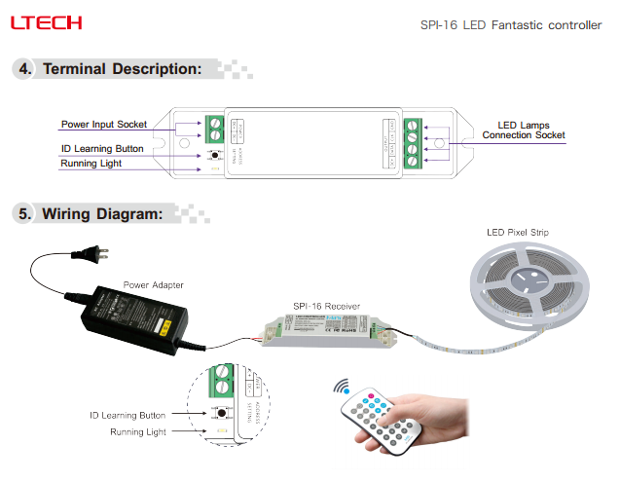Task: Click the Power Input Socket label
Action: click(x=104, y=125)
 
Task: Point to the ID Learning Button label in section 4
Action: click(x=102, y=149)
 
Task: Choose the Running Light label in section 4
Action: click(x=91, y=164)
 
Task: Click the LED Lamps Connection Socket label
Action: click(x=526, y=130)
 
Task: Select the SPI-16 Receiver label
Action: click(x=326, y=306)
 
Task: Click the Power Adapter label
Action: click(x=153, y=284)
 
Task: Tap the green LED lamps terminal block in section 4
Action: click(x=413, y=144)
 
